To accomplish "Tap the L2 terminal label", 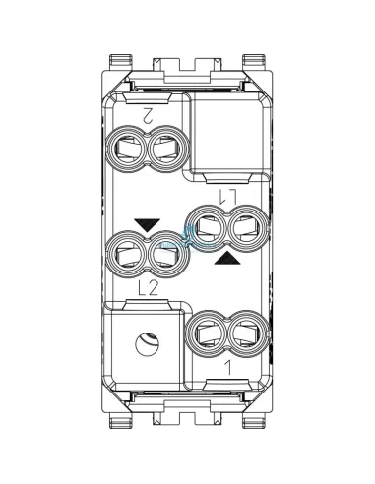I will (149, 287).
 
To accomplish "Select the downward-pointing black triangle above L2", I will (147, 225).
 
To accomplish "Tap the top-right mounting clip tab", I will (259, 60).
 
